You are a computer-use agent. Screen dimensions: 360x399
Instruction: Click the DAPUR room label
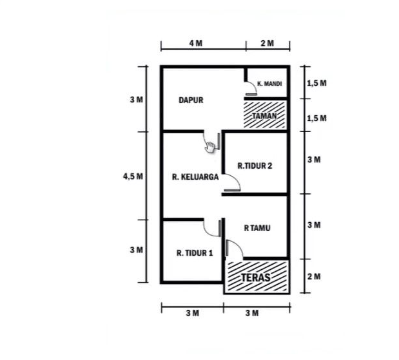point(191,100)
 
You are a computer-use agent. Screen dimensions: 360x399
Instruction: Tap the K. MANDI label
point(269,84)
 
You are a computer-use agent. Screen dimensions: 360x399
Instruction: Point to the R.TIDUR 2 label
point(255,166)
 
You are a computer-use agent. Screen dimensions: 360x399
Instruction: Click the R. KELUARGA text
point(193,175)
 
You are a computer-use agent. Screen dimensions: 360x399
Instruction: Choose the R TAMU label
point(257,227)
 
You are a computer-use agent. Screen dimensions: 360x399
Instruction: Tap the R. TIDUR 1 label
point(194,253)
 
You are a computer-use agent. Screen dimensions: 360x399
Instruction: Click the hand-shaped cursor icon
point(210,147)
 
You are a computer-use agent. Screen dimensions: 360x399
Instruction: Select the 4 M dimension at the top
point(196,43)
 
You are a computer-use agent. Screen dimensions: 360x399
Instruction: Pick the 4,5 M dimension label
point(133,176)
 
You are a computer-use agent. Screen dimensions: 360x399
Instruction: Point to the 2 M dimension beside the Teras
point(313,276)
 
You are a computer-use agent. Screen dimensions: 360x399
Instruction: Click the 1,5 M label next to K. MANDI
point(316,84)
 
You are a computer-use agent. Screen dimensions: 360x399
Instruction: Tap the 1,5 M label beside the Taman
point(316,118)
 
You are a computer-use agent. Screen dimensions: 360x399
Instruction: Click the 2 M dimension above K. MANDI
point(267,43)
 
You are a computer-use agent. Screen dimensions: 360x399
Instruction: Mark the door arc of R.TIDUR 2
point(234,185)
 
